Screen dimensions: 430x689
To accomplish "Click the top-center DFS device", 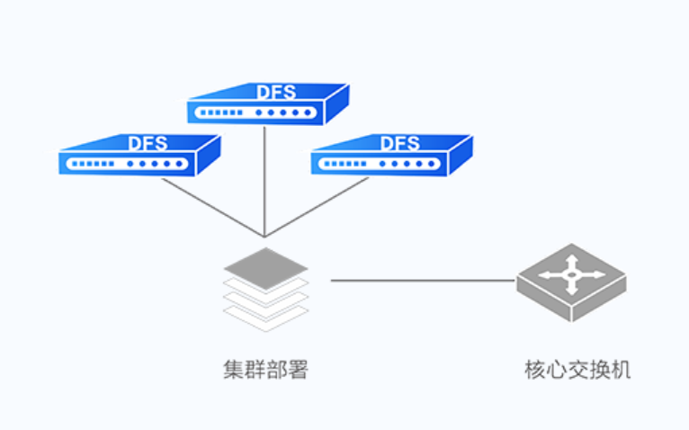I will pos(266,104).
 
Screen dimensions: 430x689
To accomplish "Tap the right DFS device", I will pos(390,156).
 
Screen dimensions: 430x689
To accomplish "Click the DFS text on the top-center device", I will pos(274,92).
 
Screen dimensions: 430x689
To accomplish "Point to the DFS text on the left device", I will pos(147,143).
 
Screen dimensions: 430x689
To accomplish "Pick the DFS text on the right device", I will pos(399,143).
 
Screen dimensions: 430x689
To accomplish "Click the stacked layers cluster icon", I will pos(266,287).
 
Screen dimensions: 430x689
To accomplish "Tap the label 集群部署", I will pos(265,371).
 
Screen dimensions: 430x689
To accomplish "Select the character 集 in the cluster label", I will pos(233,371).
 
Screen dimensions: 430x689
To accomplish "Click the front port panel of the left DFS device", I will pos(126,165).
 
